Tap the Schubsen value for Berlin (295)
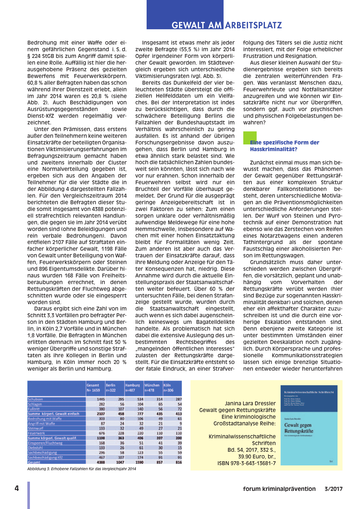coord(121,399)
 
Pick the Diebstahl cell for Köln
coord(180,448)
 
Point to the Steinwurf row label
coord(35,429)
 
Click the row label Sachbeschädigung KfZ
coord(45,457)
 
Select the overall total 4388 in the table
coord(100,462)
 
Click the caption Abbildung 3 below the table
coord(81,469)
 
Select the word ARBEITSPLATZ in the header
coord(253,25)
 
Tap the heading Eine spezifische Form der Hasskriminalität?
coord(284,146)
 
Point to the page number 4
coord(17,488)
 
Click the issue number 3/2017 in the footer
coord(333,489)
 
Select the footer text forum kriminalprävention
coord(279,489)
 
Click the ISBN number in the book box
coord(246,463)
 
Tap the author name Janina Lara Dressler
coord(250,403)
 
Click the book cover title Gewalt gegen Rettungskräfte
coord(299,428)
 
